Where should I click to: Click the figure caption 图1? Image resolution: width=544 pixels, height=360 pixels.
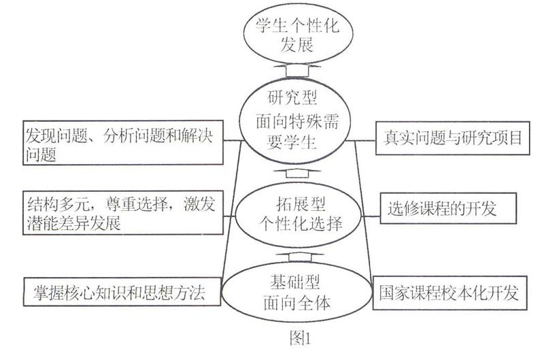pos(300,338)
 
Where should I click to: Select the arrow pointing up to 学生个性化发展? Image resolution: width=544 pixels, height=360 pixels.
pos(297,70)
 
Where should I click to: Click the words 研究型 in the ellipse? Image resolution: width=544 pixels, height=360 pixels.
pos(292,97)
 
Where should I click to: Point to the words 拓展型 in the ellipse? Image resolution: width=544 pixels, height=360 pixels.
pos(301,203)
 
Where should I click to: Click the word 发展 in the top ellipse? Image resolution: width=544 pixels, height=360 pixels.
pos(297,44)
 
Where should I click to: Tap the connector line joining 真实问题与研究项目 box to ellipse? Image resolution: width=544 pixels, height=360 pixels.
pos(361,141)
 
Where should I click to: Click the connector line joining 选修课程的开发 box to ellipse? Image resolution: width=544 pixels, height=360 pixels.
pos(371,216)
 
